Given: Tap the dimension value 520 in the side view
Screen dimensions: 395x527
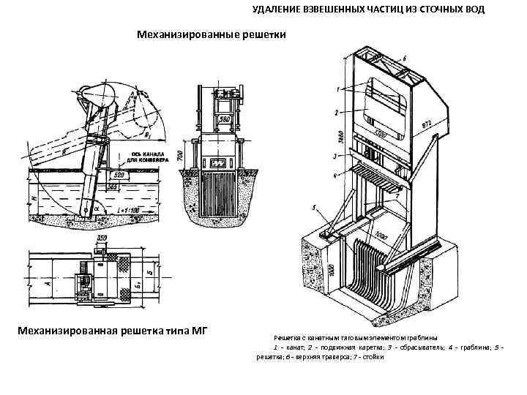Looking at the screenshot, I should [116, 176].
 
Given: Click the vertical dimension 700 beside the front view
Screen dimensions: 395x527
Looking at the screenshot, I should [180, 154].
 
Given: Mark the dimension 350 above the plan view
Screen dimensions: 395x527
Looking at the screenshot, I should [103, 239].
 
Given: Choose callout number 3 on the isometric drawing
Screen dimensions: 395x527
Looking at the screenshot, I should [334, 157].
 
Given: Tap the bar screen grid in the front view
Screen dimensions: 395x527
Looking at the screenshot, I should [220, 193].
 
